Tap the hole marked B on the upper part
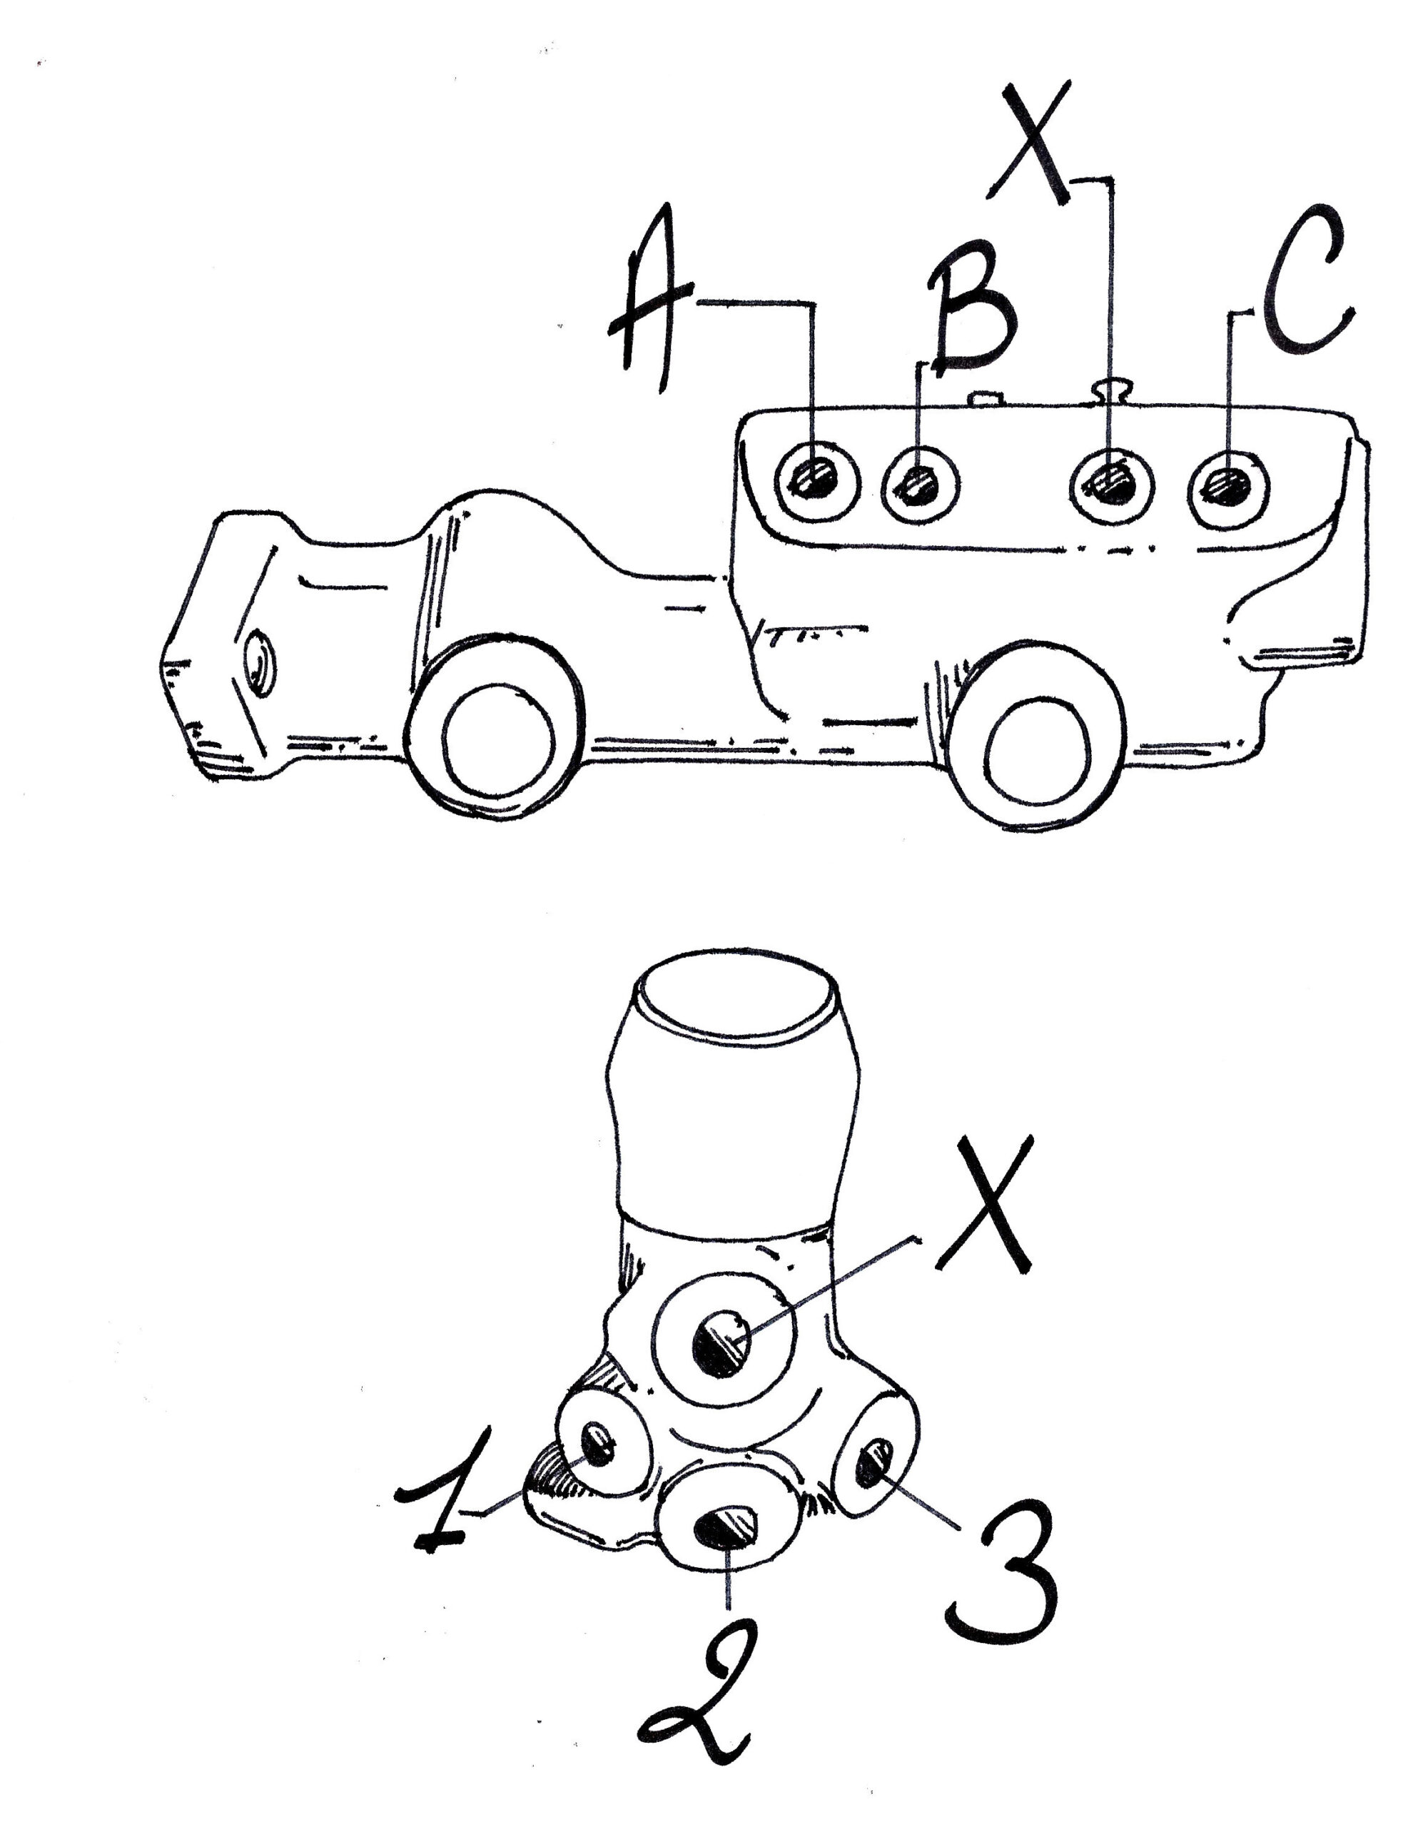tap(920, 485)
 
